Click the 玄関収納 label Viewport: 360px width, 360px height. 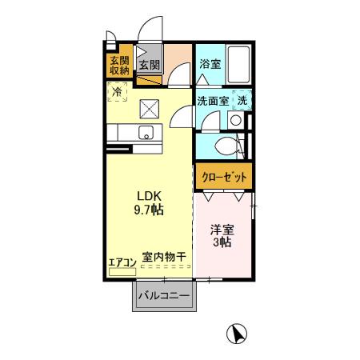tap(119, 66)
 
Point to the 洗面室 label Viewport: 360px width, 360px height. tap(213, 101)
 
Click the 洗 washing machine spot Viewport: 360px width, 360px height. tap(242, 101)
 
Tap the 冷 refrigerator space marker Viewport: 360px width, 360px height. tap(119, 94)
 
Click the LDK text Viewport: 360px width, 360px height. tap(149, 195)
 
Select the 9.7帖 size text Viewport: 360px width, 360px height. tap(149, 210)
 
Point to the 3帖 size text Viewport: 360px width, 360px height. tap(222, 243)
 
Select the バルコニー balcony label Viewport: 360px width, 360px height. tap(163, 297)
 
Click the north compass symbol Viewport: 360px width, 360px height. tap(236, 333)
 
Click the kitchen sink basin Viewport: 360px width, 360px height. tap(146, 132)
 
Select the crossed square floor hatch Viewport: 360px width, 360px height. tap(150, 108)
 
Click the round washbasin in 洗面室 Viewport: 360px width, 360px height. tap(234, 121)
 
